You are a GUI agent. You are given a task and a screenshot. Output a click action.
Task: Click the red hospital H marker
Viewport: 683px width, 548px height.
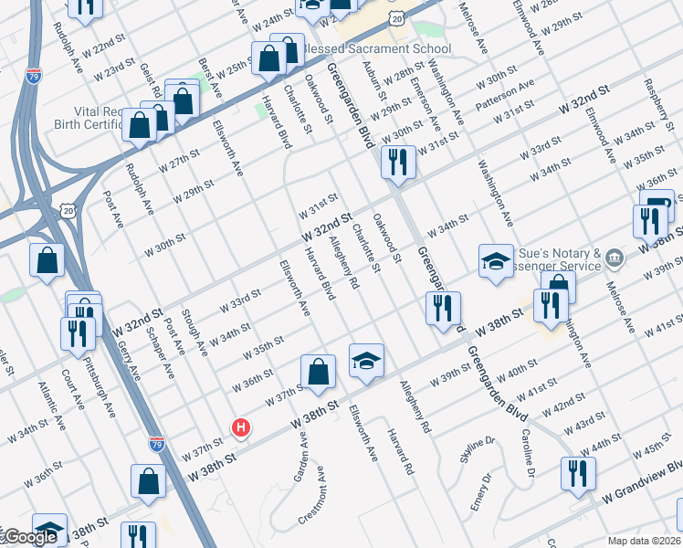pyautogui.click(x=241, y=427)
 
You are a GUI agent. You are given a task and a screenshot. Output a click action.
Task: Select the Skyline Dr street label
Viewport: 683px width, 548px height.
pyautogui.click(x=478, y=450)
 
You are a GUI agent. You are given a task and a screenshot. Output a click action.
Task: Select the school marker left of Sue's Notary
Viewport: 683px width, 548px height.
pyautogui.click(x=495, y=261)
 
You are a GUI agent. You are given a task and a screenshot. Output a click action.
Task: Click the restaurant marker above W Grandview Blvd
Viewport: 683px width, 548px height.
pyautogui.click(x=578, y=473)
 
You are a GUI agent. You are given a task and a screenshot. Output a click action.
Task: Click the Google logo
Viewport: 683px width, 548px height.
pyautogui.click(x=29, y=538)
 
